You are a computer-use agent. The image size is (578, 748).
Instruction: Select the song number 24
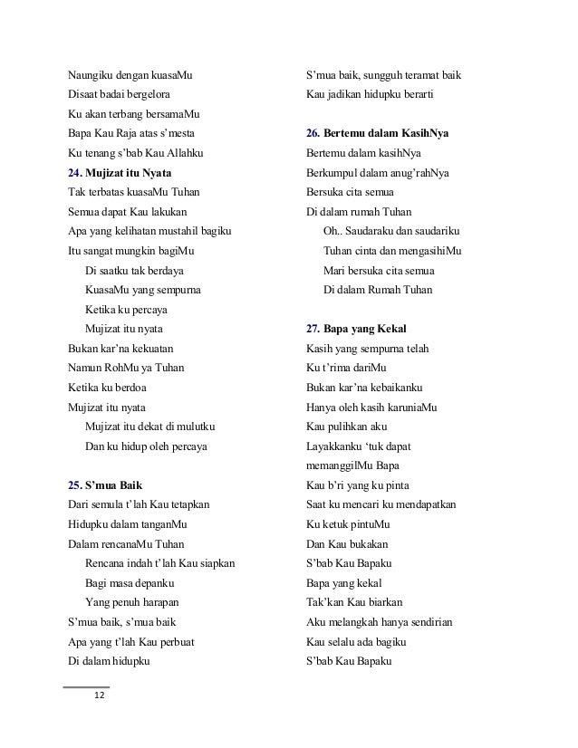[x=75, y=171]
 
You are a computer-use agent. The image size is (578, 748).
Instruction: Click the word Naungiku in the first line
[x=92, y=73]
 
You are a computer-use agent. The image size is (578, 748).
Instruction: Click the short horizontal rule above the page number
[x=86, y=686]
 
